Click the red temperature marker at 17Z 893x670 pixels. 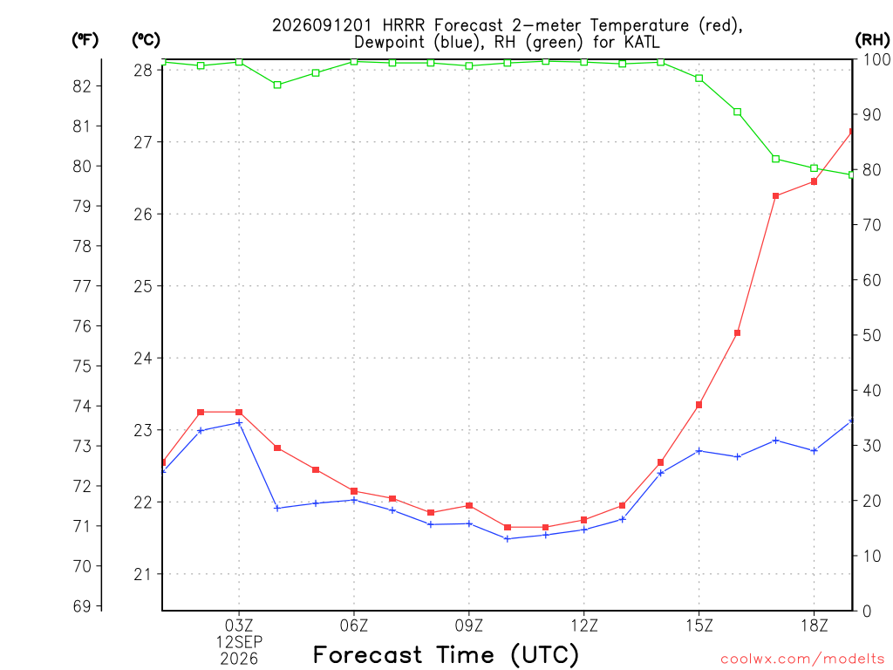(775, 196)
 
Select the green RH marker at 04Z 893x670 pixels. (277, 85)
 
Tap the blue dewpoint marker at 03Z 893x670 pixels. (239, 423)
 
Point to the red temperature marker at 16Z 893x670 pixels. (737, 332)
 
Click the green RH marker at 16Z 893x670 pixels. (737, 112)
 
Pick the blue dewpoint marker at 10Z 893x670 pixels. (508, 538)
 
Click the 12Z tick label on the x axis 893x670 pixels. (584, 626)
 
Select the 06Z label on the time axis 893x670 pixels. (354, 626)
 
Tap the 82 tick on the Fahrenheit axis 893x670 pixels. (82, 86)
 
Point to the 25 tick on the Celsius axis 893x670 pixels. (144, 286)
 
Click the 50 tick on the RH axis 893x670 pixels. (871, 335)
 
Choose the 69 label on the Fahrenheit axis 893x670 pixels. (82, 606)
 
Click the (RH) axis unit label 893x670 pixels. (872, 40)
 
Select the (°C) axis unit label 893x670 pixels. (146, 40)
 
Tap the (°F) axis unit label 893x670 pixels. (85, 40)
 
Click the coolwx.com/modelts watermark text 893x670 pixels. (802, 660)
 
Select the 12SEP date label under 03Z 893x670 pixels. (239, 642)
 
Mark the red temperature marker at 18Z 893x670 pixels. (814, 181)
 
